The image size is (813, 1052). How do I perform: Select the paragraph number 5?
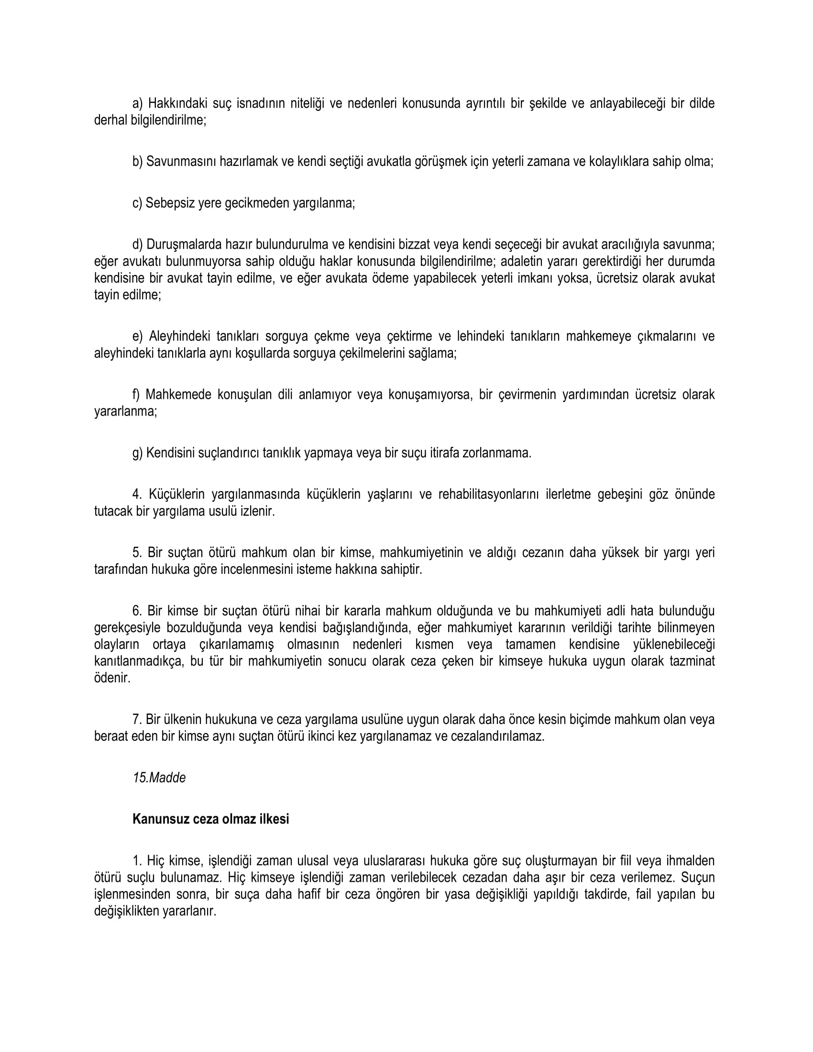tap(137, 552)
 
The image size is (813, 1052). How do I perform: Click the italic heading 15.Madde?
tap(159, 778)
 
